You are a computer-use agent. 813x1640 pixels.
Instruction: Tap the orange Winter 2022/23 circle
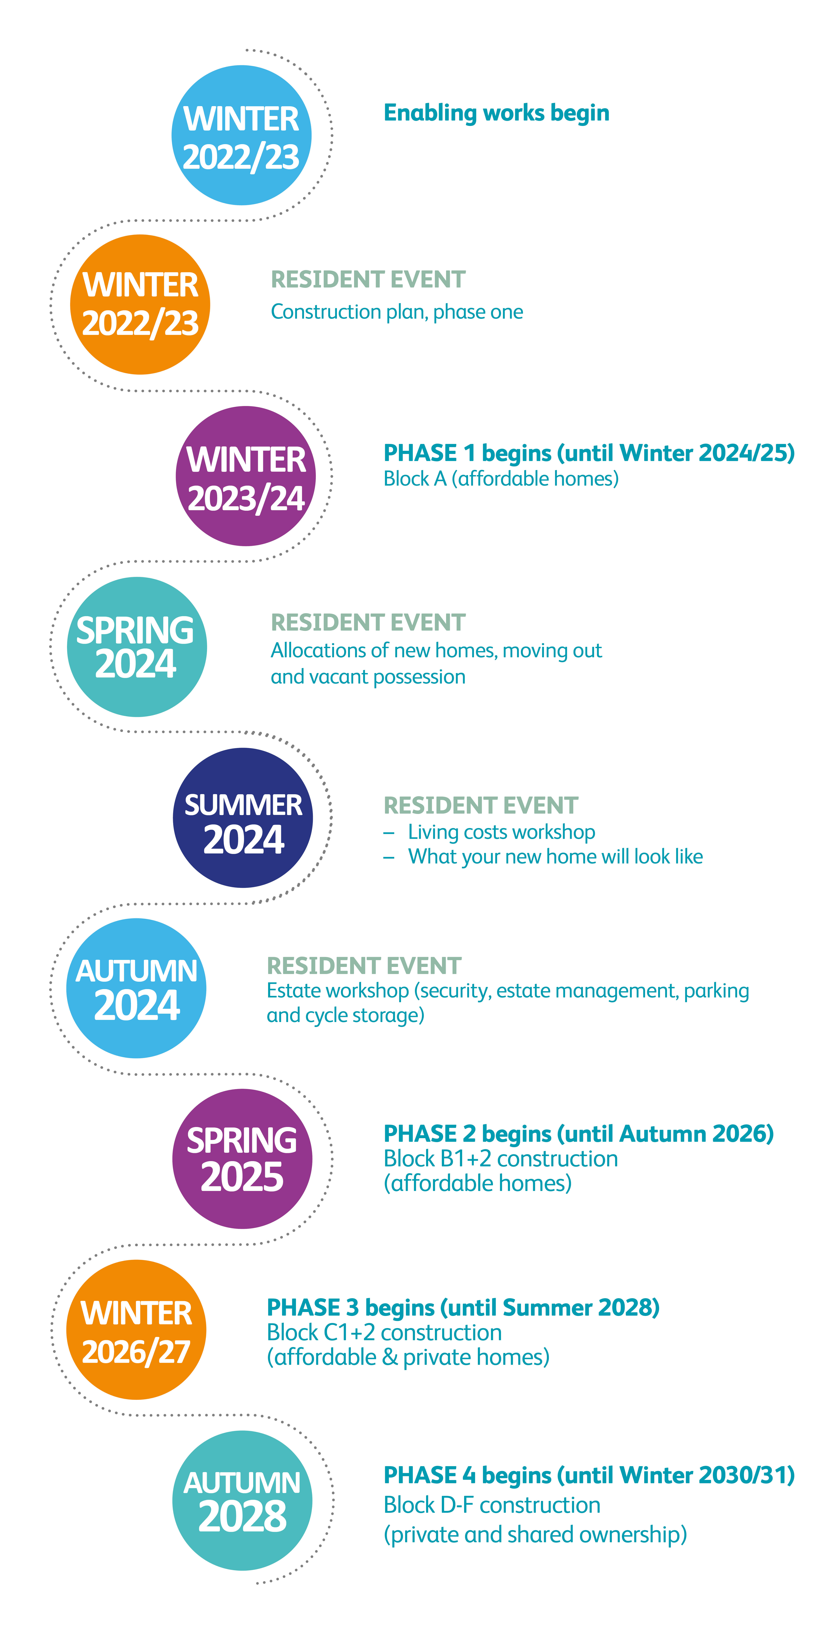point(140,304)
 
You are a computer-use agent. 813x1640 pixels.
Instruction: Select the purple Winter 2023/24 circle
point(245,476)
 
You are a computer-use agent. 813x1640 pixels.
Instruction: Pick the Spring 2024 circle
point(137,647)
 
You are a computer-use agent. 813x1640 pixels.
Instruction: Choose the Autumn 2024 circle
point(136,988)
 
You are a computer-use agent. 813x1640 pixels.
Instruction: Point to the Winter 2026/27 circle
point(136,1329)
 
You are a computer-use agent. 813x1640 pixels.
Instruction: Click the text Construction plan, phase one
point(397,312)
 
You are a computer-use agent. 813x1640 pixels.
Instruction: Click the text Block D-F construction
point(492,1505)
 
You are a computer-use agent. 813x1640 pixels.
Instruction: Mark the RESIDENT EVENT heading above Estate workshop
point(364,966)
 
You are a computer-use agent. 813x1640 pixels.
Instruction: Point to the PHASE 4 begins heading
point(589,1475)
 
